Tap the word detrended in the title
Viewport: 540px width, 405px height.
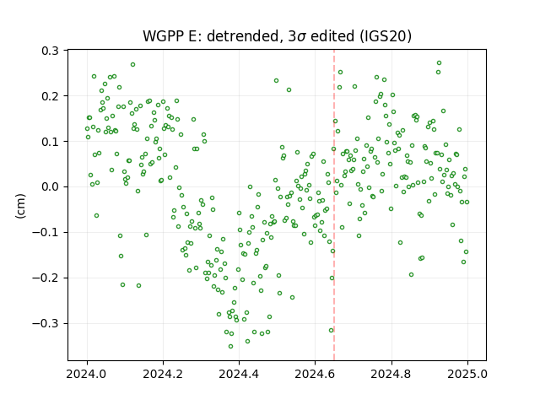tap(242, 36)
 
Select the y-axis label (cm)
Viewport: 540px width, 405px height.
tap(20, 206)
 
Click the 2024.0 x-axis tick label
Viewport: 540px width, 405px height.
tap(87, 373)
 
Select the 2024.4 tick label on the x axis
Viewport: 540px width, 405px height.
tap(239, 373)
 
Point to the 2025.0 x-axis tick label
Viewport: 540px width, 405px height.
tap(467, 373)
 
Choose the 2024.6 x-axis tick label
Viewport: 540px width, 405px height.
tap(315, 373)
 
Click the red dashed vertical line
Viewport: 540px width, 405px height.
tap(334, 205)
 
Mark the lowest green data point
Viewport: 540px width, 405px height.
tap(230, 347)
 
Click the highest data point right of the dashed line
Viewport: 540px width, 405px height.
tap(439, 63)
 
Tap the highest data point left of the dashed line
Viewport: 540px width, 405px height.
tap(132, 65)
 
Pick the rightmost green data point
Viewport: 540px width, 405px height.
tap(467, 202)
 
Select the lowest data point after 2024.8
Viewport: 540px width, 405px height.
tap(411, 275)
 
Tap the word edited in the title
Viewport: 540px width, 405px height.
tap(332, 36)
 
